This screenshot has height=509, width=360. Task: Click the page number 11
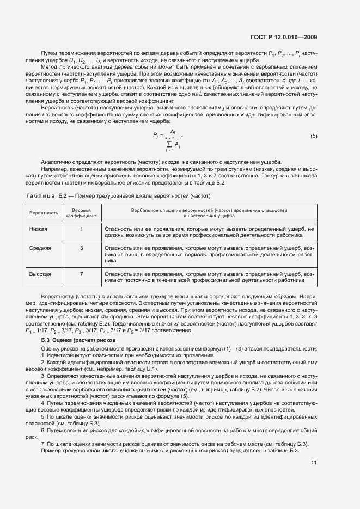tap(314, 462)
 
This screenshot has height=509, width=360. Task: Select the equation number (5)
tap(314, 136)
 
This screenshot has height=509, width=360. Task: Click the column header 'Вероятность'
tap(44, 212)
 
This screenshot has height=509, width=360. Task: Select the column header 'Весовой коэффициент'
tap(81, 212)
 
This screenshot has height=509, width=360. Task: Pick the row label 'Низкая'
tap(38, 229)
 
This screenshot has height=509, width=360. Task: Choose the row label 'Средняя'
tap(40, 248)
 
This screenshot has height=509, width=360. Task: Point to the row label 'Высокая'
tap(40, 274)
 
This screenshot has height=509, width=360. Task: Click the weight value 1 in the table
tap(81, 229)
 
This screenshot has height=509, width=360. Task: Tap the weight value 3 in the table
tap(81, 248)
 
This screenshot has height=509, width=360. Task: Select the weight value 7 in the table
tap(81, 274)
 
